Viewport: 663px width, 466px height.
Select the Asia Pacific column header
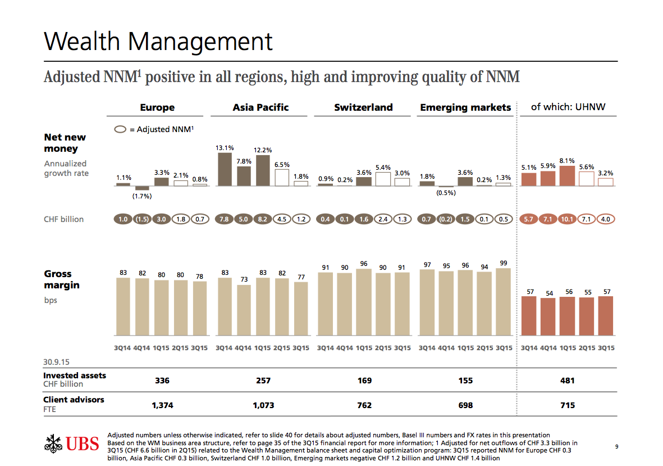click(x=260, y=107)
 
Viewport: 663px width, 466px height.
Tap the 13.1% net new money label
click(x=225, y=148)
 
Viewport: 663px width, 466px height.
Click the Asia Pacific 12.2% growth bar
click(x=263, y=170)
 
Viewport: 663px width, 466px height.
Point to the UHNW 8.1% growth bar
click(x=567, y=176)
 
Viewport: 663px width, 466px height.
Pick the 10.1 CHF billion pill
click(x=567, y=219)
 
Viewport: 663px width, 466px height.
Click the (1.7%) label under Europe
click(x=142, y=196)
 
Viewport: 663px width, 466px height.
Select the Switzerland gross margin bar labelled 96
click(x=363, y=303)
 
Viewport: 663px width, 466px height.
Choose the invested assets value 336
click(x=162, y=381)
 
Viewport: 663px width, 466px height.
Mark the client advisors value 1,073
click(x=263, y=405)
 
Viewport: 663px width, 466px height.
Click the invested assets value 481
click(x=568, y=381)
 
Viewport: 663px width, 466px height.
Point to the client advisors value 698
click(x=465, y=405)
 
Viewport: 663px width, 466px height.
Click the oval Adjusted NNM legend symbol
click(x=120, y=129)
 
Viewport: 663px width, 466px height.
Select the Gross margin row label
click(x=62, y=279)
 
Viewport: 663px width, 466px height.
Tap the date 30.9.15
click(x=56, y=360)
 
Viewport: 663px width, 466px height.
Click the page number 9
click(x=616, y=447)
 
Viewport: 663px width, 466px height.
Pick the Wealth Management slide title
click(x=158, y=42)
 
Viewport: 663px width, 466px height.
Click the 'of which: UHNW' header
click(x=568, y=107)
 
